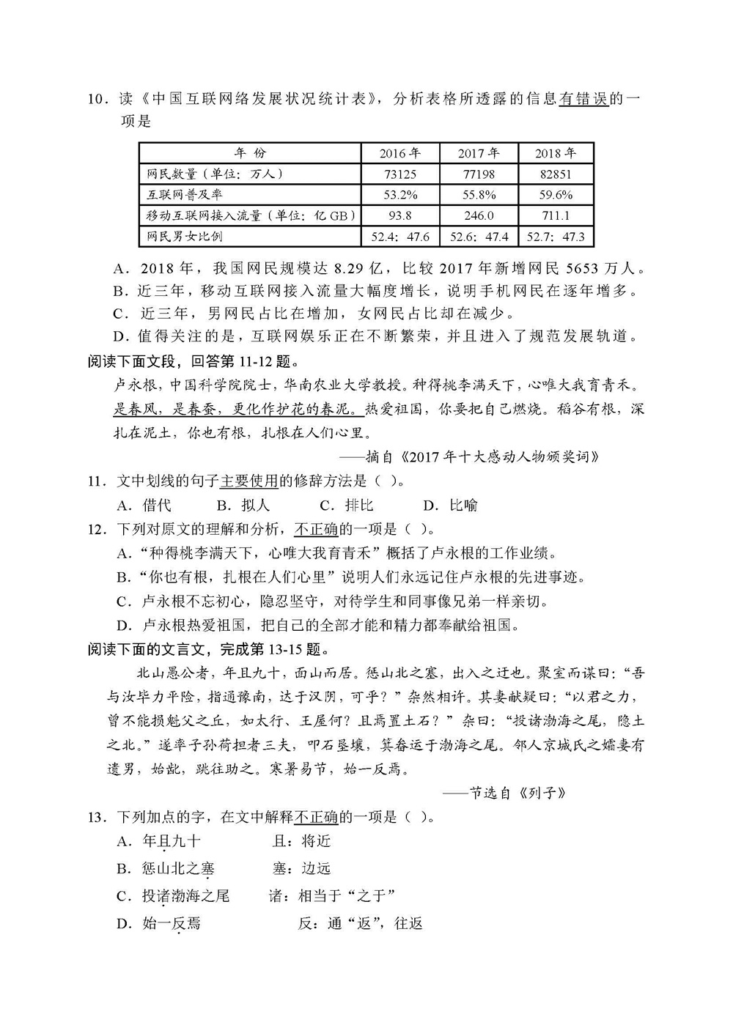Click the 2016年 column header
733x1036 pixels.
point(399,153)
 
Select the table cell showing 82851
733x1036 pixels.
point(555,174)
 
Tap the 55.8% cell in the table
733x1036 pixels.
point(478,195)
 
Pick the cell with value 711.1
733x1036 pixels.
point(555,215)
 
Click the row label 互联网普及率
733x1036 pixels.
point(185,195)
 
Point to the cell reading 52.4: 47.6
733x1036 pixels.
point(400,237)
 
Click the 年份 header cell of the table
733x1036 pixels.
point(250,153)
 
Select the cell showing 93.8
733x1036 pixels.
point(399,215)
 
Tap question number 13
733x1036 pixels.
point(97,817)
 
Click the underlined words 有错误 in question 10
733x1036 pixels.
point(583,99)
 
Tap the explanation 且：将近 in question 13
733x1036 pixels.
point(301,841)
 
